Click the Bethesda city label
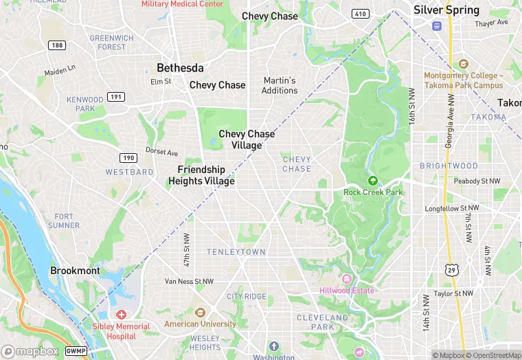pos(180,68)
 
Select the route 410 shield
pos(360,14)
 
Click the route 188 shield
pos(57,45)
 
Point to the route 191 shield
pos(117,97)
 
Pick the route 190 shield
pos(128,158)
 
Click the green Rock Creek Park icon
pos(373,181)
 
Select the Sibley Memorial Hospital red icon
pos(121,314)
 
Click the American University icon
pos(200,313)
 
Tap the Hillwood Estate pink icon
pos(346,279)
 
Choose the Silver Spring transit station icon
pos(436,25)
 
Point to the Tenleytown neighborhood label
pos(236,252)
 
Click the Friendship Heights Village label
pos(201,175)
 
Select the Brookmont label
pos(75,271)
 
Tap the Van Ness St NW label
pos(190,281)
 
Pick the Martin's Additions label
pos(280,85)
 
